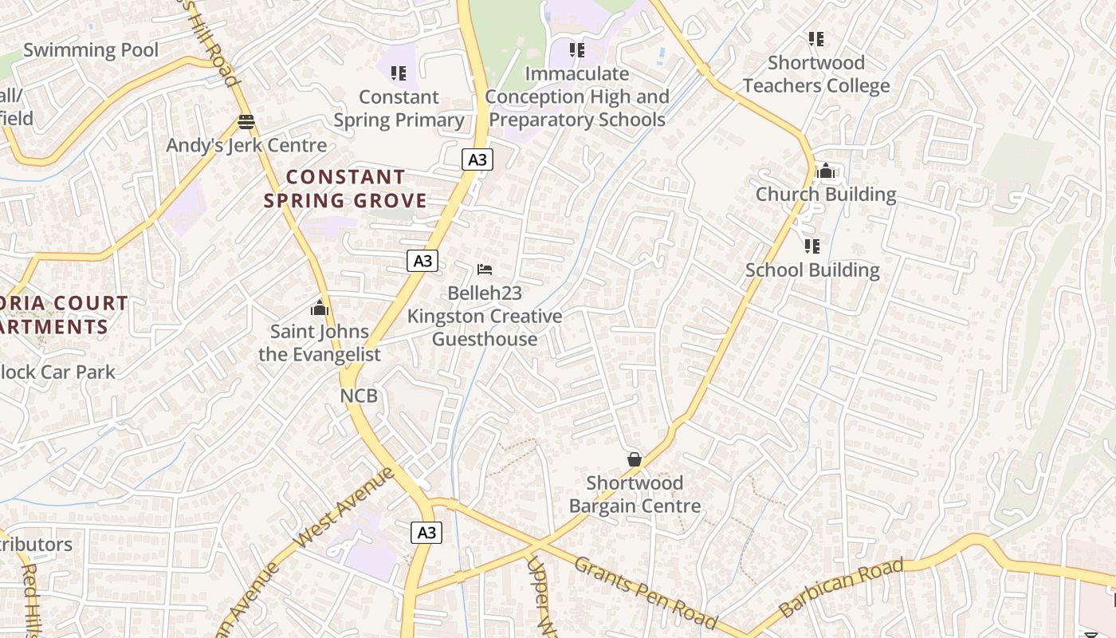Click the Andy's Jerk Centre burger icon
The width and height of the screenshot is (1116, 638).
click(246, 122)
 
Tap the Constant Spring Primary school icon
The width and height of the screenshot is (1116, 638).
click(399, 73)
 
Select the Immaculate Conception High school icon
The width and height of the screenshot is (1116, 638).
click(577, 50)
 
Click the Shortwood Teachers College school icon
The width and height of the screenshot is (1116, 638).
click(815, 38)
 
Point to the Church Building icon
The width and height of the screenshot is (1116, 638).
click(826, 171)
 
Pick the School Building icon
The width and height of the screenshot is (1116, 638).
click(812, 246)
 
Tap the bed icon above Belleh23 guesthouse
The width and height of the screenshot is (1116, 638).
click(485, 270)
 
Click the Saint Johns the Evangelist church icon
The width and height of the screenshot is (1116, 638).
click(320, 308)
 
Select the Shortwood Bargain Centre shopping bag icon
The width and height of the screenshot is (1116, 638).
click(635, 459)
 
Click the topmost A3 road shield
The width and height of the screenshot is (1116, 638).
click(477, 159)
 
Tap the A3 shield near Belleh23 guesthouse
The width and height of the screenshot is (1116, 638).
click(422, 260)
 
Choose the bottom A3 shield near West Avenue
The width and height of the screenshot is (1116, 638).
click(426, 532)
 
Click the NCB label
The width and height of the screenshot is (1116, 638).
click(359, 396)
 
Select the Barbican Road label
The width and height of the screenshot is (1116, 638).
click(841, 587)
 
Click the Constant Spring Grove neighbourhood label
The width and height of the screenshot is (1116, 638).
click(345, 188)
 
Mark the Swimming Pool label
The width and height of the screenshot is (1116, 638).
click(91, 50)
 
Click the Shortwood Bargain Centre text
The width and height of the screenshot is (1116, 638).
click(635, 494)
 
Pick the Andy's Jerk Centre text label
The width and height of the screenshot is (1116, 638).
click(246, 145)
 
